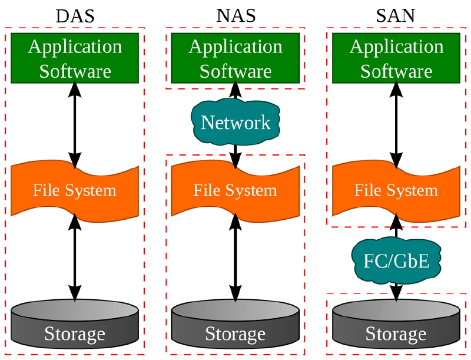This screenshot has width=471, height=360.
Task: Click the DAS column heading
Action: pos(75,16)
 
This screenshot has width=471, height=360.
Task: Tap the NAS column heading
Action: pos(235,16)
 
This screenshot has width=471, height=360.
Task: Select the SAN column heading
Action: pos(396,16)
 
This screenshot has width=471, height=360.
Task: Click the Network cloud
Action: pos(235,122)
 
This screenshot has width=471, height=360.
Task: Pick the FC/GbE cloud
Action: pos(396,260)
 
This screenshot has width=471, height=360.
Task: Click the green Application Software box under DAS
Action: pos(75,58)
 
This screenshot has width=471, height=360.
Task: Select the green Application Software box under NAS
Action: pos(235,58)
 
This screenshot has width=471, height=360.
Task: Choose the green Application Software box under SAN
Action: pos(396,58)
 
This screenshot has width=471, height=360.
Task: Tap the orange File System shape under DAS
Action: pos(75,191)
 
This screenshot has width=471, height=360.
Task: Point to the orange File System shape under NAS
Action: pos(235,191)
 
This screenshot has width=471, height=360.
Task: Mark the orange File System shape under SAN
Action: pos(396,191)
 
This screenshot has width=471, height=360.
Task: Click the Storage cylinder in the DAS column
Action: pos(75,327)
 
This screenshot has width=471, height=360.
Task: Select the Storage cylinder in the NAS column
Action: pos(235,327)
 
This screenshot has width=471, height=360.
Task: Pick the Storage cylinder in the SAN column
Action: pos(396,327)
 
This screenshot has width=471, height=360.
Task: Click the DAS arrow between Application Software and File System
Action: pos(75,124)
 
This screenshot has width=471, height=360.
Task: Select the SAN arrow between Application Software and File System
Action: pos(396,124)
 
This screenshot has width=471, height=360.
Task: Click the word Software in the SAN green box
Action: pos(396,71)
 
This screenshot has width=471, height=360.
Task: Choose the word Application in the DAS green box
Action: pos(75,46)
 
